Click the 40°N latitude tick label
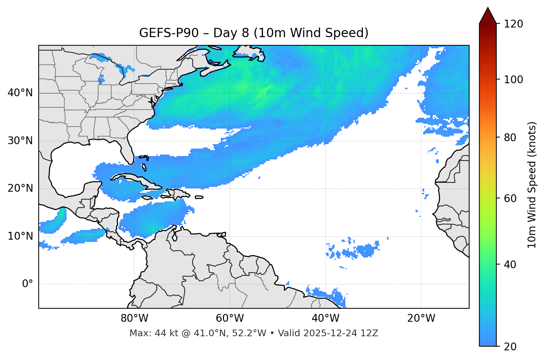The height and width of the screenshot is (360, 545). (20, 93)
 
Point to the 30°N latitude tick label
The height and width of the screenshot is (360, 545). (20, 141)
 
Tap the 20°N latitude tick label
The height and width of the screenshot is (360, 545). (20, 188)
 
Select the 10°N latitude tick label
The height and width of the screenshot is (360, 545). (20, 236)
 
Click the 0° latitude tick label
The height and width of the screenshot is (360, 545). (28, 284)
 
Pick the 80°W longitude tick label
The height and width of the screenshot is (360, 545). (134, 318)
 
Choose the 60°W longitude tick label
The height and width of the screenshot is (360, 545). (230, 318)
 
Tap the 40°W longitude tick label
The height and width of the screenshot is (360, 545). (325, 318)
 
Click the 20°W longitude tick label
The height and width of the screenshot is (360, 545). (421, 318)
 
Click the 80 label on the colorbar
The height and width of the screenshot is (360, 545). (512, 137)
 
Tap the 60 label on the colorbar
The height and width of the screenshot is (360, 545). (512, 198)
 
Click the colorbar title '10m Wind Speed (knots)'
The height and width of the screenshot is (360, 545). (532, 185)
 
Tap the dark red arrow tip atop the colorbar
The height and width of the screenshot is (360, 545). (488, 15)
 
